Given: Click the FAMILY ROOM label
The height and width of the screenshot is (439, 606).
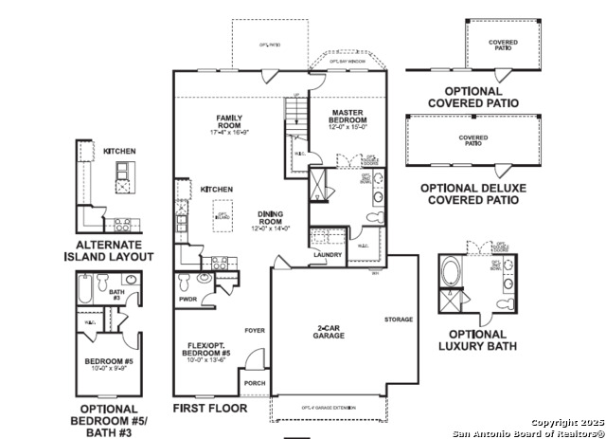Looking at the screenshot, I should click(x=228, y=124).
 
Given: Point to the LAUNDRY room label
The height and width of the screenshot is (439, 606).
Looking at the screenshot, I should click(x=327, y=254).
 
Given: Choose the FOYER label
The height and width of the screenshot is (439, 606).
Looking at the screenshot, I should click(x=254, y=332).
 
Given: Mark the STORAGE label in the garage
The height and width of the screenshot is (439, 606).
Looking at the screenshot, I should click(x=399, y=320).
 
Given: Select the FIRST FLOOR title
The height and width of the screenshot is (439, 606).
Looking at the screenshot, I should click(x=209, y=408).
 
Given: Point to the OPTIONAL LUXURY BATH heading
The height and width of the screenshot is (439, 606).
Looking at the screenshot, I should click(x=478, y=340).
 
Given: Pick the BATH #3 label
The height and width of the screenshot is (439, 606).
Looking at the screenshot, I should click(x=116, y=296).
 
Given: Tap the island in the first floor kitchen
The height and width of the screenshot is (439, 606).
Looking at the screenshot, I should click(x=223, y=210).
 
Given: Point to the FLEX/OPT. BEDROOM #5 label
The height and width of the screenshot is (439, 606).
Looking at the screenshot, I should click(x=206, y=352).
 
